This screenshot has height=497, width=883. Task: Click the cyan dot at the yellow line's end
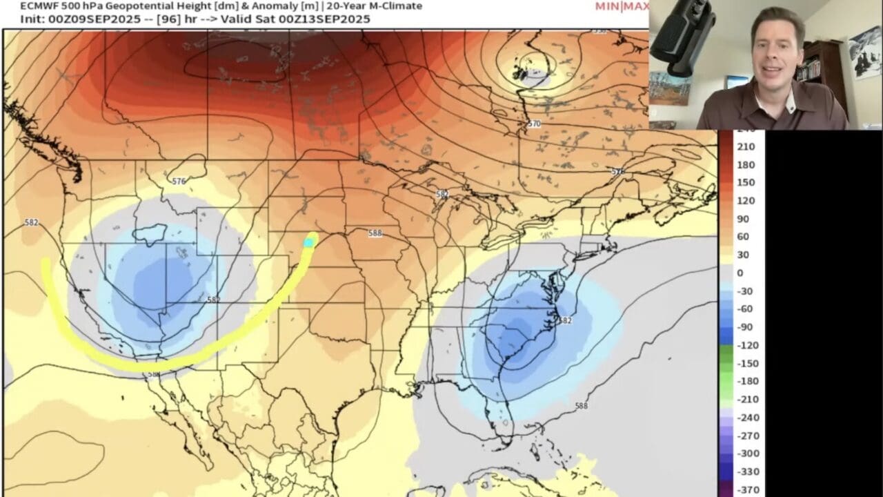click(309, 242)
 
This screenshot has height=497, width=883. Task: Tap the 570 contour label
click(534, 124)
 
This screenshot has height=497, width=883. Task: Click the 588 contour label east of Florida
click(582, 406)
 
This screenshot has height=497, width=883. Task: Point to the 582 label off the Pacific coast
click(31, 223)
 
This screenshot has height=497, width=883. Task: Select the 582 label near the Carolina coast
click(565, 320)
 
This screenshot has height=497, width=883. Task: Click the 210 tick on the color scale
click(746, 146)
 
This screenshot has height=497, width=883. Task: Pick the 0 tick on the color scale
click(740, 273)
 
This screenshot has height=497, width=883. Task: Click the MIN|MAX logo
click(621, 7)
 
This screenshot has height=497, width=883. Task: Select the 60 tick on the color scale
click(743, 237)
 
